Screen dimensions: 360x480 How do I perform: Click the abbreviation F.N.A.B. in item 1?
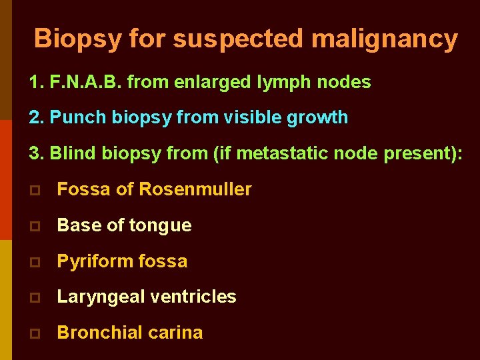(85, 82)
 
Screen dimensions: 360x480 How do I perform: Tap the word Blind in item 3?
(73, 153)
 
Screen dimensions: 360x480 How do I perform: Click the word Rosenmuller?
(195, 189)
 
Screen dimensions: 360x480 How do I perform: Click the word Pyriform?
(91, 261)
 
